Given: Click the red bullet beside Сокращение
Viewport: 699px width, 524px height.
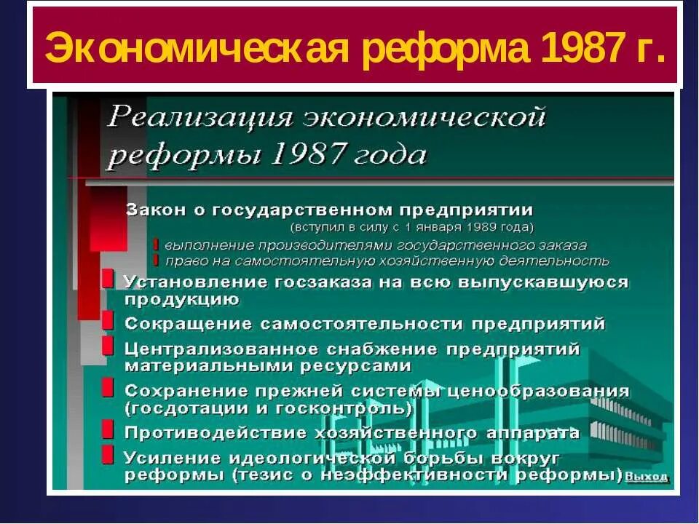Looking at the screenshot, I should tap(108, 321).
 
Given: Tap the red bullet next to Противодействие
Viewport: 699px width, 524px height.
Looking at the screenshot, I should tap(108, 429).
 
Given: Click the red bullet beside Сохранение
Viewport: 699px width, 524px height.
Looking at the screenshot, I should tap(108, 388).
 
